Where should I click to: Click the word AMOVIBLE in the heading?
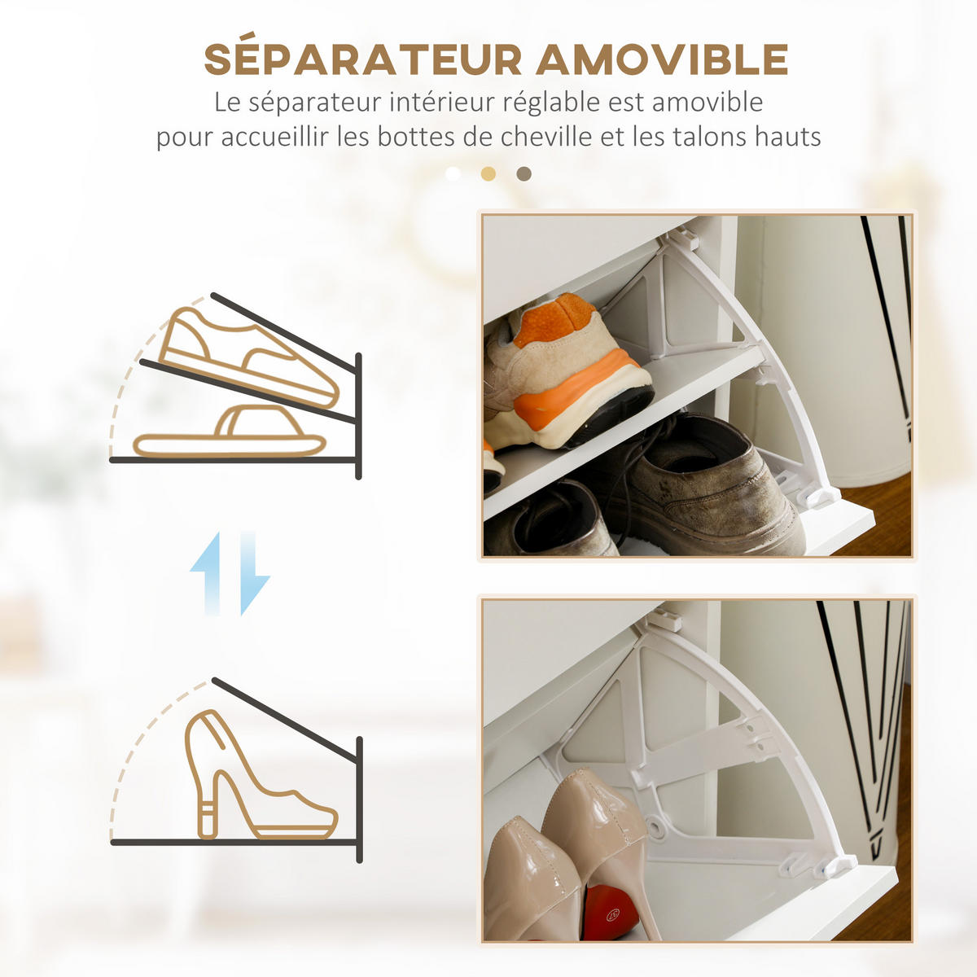[662, 59]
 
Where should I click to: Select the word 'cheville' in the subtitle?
[546, 137]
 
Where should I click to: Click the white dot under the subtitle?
[453, 174]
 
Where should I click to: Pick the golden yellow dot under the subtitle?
[488, 174]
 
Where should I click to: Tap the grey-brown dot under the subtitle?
[524, 174]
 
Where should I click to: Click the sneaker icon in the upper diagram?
[248, 357]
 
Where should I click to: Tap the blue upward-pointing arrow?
[206, 573]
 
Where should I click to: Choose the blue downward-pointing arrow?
[255, 573]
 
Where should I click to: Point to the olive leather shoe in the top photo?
[705, 487]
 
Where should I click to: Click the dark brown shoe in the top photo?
[550, 519]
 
